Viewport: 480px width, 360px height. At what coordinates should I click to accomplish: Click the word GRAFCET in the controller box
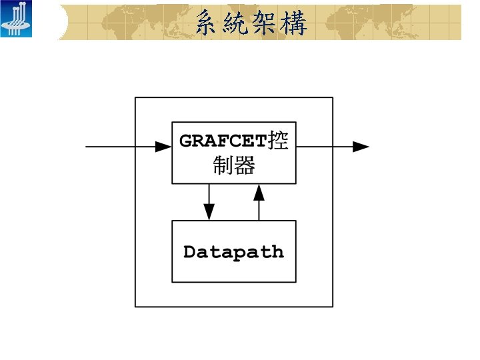coord(223,142)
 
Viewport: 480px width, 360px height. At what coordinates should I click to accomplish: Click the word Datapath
coord(233,253)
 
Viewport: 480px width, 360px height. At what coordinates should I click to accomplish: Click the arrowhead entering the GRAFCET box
coord(164,147)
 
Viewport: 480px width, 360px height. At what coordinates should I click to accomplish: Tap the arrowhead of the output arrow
coord(361,147)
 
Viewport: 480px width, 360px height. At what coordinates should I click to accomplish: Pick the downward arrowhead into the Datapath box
coord(209,212)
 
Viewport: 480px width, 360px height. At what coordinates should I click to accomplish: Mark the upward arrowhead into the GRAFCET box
coord(259,193)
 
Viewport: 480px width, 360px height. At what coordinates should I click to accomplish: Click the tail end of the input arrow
coord(87,147)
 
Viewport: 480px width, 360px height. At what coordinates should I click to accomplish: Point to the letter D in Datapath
coord(189,253)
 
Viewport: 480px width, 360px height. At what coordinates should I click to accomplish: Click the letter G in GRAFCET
coord(186,142)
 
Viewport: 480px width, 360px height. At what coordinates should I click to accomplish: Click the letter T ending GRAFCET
coord(260,142)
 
